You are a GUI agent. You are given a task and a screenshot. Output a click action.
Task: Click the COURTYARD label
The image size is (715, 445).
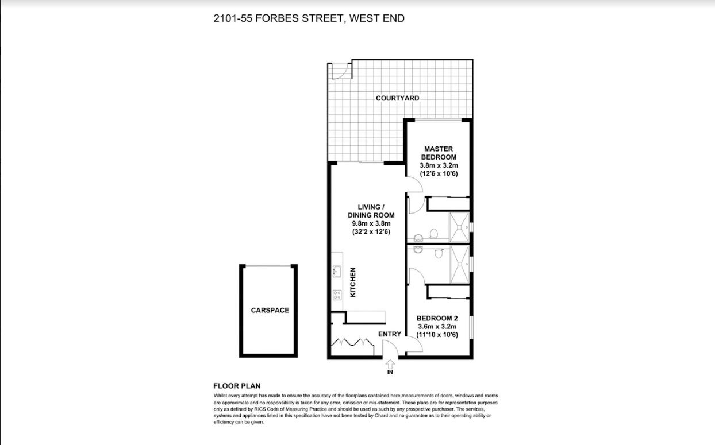click(x=397, y=98)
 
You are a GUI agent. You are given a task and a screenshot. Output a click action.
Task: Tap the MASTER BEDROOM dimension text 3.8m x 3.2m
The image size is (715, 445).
click(x=439, y=165)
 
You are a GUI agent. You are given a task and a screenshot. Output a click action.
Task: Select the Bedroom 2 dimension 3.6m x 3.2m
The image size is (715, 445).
click(x=437, y=327)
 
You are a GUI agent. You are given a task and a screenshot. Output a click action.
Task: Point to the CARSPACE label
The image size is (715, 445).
click(x=270, y=311)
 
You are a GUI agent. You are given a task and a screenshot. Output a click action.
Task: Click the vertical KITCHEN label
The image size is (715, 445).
click(x=353, y=283)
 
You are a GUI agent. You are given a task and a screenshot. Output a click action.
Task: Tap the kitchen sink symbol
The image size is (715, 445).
click(x=337, y=272)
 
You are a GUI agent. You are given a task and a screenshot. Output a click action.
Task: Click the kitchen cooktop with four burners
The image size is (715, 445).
click(x=337, y=295)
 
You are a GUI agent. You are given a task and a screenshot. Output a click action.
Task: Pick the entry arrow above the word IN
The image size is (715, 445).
click(x=390, y=364)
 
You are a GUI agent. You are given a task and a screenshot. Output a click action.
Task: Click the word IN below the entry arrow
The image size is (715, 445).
click(x=390, y=372)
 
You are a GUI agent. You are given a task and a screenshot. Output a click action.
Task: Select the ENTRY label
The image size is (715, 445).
click(x=390, y=334)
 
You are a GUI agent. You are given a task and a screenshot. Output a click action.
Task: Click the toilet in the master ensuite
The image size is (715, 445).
click(x=433, y=234)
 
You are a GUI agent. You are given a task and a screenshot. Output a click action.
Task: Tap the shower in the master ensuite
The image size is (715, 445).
click(x=459, y=227)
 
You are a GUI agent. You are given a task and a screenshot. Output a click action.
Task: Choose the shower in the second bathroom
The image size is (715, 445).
click(x=459, y=264)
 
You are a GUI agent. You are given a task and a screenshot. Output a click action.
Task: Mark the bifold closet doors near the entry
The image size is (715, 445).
click(x=352, y=342)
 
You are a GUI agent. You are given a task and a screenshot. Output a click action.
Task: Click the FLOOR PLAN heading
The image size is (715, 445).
click(x=237, y=386)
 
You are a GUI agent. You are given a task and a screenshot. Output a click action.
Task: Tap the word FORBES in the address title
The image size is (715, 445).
click(x=277, y=18)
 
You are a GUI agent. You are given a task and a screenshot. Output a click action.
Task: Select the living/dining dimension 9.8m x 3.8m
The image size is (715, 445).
click(x=371, y=223)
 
